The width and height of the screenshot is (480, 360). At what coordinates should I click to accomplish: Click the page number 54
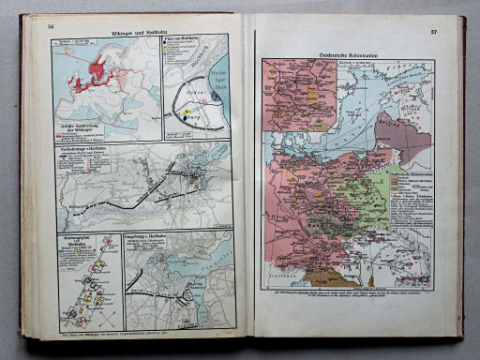[x=52, y=25]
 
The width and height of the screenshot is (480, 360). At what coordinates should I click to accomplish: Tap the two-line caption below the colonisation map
[x=347, y=297]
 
